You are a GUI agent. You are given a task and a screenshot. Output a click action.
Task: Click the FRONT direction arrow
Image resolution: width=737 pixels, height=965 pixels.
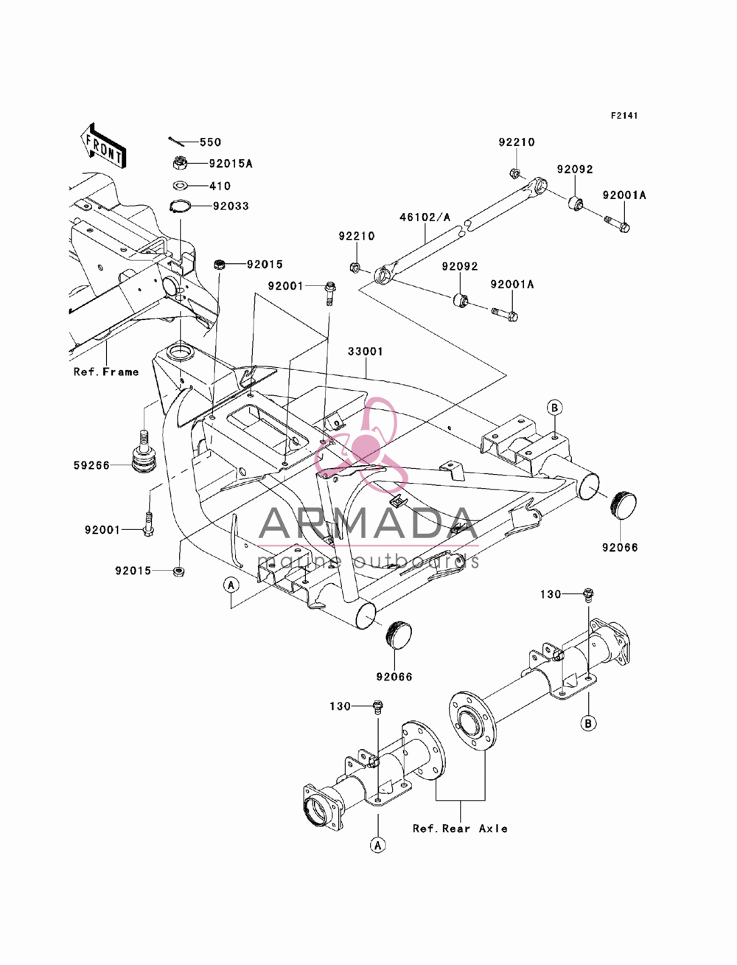(x=102, y=146)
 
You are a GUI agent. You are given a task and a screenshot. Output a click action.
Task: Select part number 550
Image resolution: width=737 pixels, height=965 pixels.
(x=210, y=142)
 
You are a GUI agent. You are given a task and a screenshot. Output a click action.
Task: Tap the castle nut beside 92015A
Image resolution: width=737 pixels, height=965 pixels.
(x=180, y=163)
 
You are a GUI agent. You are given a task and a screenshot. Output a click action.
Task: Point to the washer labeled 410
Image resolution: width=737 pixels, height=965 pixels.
(x=181, y=186)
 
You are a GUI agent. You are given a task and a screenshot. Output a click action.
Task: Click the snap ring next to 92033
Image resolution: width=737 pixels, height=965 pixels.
(x=180, y=206)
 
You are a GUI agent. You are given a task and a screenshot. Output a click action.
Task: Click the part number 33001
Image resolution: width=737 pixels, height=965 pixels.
(x=366, y=352)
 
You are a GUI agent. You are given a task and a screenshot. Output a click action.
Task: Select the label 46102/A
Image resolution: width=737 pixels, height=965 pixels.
(x=425, y=217)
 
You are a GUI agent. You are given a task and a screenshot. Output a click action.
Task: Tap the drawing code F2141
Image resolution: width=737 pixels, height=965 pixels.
(x=624, y=116)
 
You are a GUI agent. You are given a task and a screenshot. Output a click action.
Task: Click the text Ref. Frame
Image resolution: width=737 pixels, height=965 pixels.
(x=106, y=372)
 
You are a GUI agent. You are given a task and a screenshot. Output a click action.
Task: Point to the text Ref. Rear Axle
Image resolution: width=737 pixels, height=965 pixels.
(x=460, y=829)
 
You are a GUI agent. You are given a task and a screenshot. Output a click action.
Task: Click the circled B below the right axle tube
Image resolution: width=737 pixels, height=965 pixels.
(x=588, y=722)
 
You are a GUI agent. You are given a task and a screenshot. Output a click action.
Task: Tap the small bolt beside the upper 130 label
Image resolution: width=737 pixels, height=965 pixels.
(x=588, y=595)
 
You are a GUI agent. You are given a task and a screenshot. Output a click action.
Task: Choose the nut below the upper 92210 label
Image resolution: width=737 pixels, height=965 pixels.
(x=515, y=173)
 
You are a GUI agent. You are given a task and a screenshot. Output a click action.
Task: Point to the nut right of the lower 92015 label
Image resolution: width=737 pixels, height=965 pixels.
(x=178, y=571)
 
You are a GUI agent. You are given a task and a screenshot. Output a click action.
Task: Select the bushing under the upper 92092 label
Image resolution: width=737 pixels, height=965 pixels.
(x=576, y=203)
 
